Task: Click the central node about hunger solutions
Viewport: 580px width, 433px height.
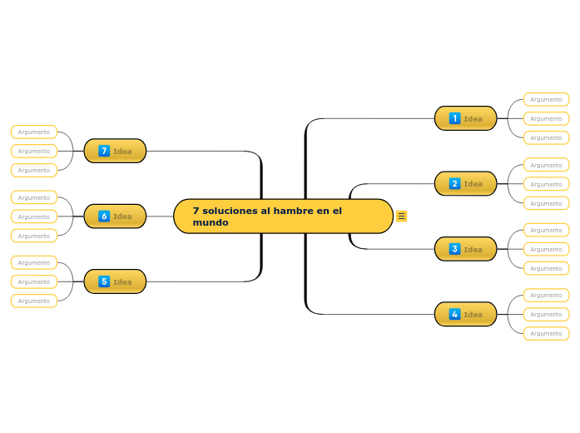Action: [x=283, y=216]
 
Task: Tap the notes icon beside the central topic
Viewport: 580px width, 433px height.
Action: [x=402, y=216]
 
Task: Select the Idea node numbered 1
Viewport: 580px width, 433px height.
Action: [x=465, y=118]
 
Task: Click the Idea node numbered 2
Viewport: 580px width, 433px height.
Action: [x=465, y=183]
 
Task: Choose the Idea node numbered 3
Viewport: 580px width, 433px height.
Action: [x=465, y=249]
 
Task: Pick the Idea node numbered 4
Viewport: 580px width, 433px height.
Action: [x=465, y=314]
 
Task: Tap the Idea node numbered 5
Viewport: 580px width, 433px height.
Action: [x=115, y=281]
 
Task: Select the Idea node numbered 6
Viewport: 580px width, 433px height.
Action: [x=115, y=216]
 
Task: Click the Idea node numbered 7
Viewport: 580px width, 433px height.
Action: [x=115, y=151]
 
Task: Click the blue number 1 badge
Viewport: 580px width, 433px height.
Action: [x=454, y=118]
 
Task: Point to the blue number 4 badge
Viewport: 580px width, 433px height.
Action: [x=454, y=314]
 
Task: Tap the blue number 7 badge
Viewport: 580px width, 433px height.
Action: [x=104, y=151]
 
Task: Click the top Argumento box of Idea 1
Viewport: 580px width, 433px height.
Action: [x=546, y=99]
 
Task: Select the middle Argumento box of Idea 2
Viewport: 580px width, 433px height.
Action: [x=546, y=184]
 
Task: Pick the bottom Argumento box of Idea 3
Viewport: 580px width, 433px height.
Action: [x=546, y=268]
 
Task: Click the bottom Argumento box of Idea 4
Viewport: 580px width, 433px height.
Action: [x=546, y=333]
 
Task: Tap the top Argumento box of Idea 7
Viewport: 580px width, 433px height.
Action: [x=34, y=132]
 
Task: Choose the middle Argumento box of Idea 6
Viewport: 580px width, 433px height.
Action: [x=34, y=216]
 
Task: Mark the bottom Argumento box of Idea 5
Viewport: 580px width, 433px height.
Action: [x=34, y=301]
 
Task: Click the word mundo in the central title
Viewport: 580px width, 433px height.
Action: [x=211, y=223]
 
